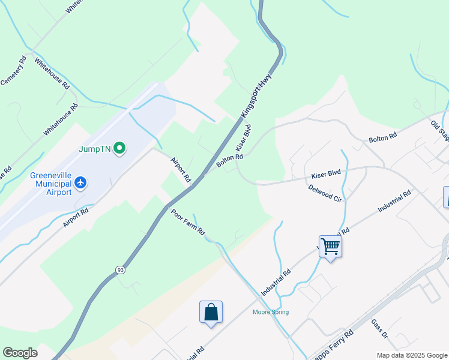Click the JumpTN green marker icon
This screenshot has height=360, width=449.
coord(119,148)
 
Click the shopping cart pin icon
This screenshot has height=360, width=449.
coord(330,246)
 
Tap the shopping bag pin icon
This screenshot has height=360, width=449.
coord(211,312)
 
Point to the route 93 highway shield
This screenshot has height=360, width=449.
coord(121,271)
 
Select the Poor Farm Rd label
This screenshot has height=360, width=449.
coord(188,222)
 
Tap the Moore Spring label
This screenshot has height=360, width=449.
coord(271,312)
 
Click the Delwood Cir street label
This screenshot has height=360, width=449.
coord(324,193)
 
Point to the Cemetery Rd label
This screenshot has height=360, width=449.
coord(13,70)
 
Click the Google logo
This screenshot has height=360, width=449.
coord(20,353)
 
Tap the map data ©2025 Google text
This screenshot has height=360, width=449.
coord(411,355)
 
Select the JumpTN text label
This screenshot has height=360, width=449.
coord(94,148)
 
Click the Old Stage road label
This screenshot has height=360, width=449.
coord(441,131)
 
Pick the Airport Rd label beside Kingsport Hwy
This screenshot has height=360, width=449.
coord(180,170)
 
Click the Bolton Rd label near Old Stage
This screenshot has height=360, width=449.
coord(383,137)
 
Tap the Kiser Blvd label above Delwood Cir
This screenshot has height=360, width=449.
coord(326,174)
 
